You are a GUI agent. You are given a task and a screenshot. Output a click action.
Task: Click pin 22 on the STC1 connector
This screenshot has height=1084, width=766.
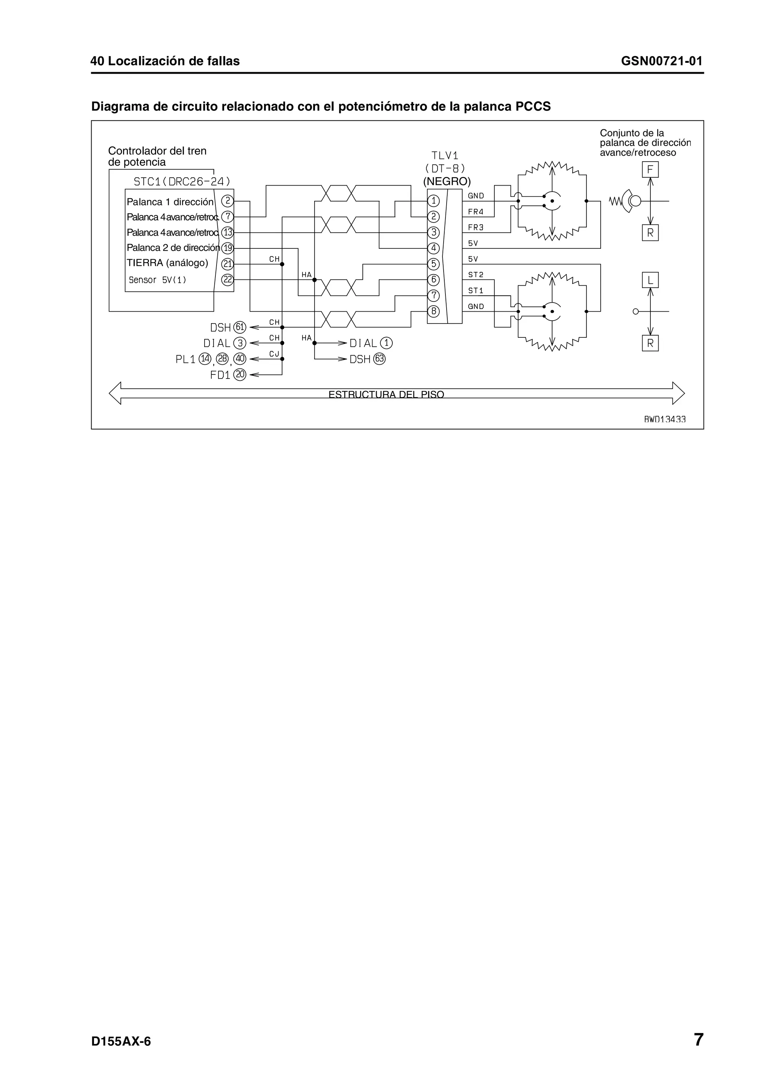227,279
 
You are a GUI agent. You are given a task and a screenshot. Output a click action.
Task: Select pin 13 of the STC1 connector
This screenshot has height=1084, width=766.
227,232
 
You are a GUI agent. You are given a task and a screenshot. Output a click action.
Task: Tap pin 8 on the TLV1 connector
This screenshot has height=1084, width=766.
433,311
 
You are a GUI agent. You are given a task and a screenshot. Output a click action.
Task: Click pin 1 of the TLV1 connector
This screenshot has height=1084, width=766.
433,200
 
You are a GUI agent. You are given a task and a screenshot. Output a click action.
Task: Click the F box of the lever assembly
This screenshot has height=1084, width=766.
650,169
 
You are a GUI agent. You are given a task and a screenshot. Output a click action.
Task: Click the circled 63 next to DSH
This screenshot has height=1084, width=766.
379,359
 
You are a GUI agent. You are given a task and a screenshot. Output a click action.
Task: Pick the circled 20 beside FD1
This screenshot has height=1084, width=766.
240,375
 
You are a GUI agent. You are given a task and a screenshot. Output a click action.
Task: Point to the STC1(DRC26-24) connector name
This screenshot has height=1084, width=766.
182,181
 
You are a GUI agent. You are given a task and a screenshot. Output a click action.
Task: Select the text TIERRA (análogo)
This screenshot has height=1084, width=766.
167,263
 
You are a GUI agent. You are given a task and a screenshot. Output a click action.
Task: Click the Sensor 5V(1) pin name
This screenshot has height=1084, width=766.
157,280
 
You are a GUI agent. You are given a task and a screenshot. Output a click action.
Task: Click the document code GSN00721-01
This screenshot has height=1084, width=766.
661,61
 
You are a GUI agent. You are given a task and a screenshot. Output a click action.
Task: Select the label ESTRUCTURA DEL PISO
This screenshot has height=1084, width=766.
386,394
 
